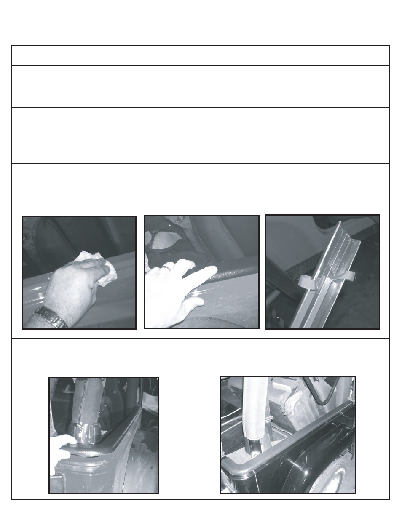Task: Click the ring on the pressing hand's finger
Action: click(x=167, y=267)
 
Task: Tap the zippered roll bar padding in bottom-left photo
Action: click(x=86, y=400)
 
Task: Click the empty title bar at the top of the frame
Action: click(x=201, y=56)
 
